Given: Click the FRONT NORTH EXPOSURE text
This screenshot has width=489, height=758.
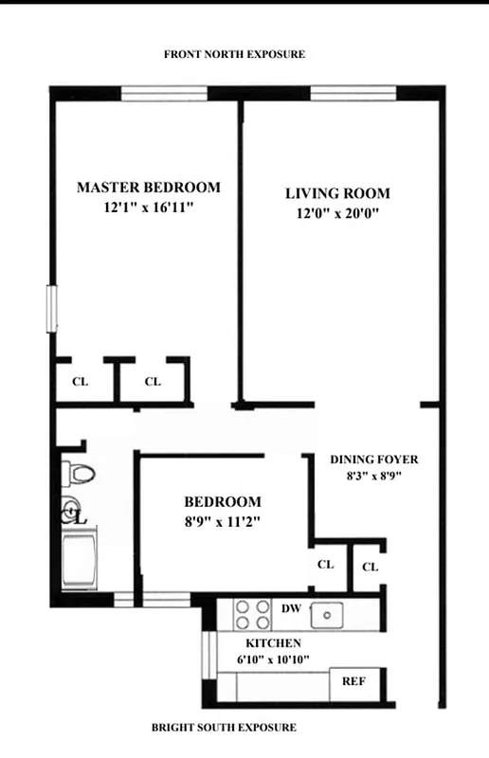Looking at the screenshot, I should tap(234, 55).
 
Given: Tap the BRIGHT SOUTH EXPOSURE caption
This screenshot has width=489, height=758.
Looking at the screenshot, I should tap(224, 728).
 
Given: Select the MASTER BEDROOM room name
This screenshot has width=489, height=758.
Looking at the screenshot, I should tap(148, 188).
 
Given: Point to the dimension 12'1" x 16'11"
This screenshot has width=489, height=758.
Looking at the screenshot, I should tap(148, 208).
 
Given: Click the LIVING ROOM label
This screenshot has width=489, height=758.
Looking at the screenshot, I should tap(337, 194).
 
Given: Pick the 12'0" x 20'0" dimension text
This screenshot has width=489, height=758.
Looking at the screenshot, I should tap(337, 214).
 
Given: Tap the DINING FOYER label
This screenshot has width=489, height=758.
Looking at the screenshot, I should tap(373, 460).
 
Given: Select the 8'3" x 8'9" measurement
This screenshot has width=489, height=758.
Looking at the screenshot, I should tap(373, 477).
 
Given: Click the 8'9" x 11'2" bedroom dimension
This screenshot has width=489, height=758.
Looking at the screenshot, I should tap(222, 520).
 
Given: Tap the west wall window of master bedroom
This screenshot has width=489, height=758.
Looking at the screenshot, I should tap(53, 309).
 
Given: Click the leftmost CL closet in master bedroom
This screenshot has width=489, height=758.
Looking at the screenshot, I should tap(81, 382).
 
